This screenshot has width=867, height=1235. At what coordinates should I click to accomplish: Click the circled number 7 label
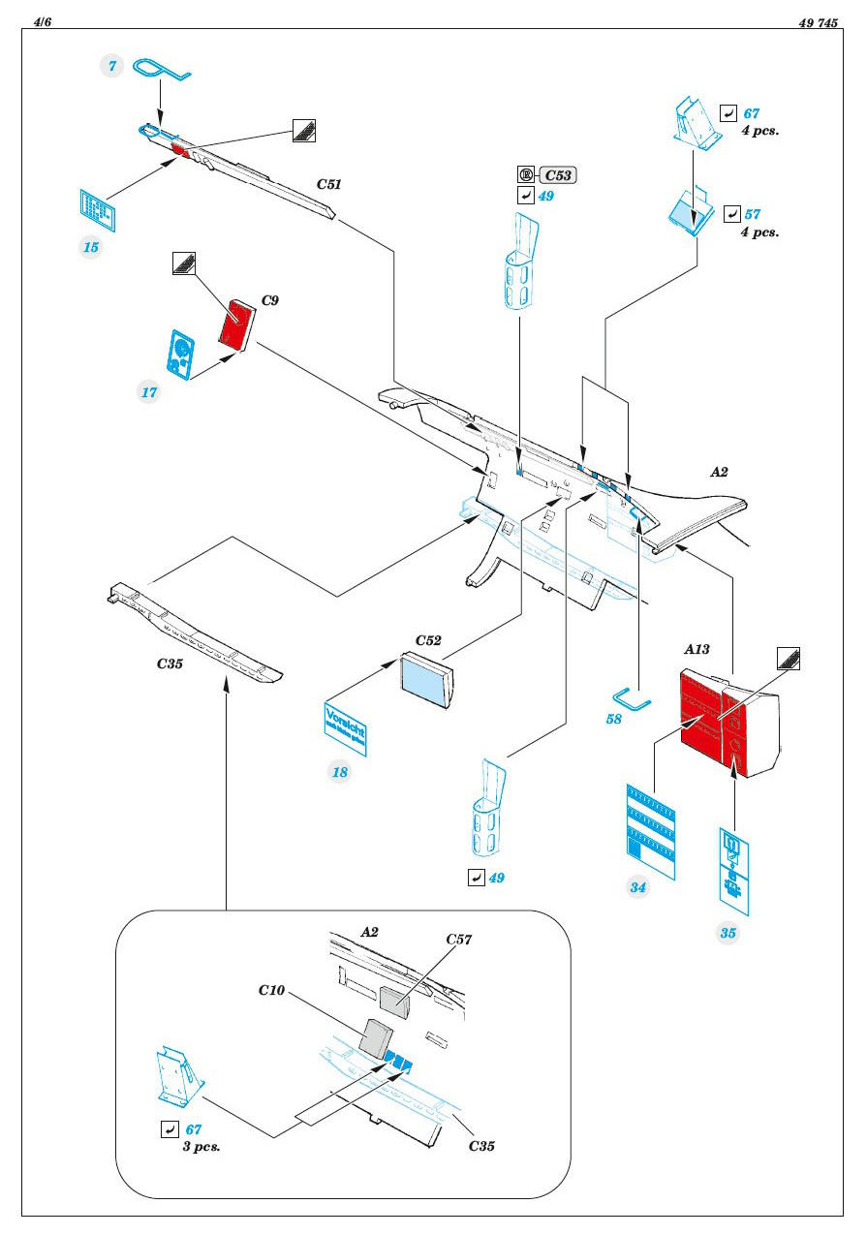coord(112,65)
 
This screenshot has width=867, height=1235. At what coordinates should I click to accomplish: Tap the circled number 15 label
coord(91,247)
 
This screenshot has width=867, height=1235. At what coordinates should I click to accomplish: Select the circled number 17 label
coord(149,393)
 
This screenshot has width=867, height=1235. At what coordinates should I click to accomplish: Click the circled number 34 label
coord(638,888)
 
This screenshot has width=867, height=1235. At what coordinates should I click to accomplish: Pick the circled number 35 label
coord(728,934)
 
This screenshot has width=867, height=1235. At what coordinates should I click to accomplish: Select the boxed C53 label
coord(558,175)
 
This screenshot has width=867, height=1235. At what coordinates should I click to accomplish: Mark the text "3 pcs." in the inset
coord(201,1146)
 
